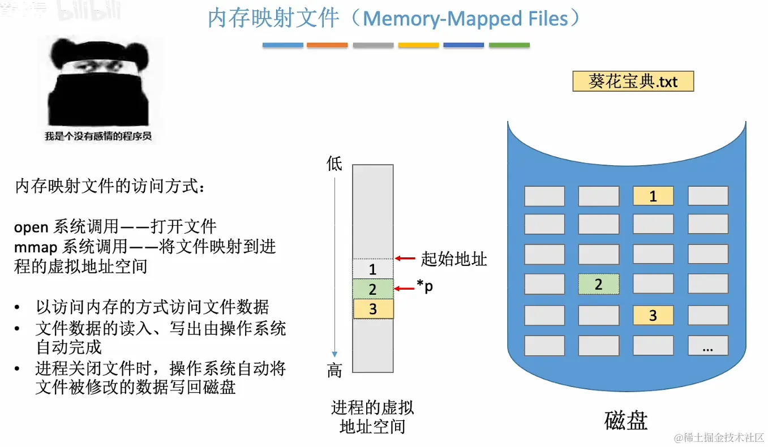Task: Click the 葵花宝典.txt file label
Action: pyautogui.click(x=633, y=81)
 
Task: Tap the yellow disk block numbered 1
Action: pyautogui.click(x=653, y=196)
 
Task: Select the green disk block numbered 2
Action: pyautogui.click(x=598, y=284)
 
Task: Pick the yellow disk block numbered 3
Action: pyautogui.click(x=653, y=316)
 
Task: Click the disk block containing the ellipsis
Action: pyautogui.click(x=707, y=346)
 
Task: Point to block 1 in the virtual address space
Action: pyautogui.click(x=372, y=269)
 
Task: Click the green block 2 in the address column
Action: pyautogui.click(x=372, y=289)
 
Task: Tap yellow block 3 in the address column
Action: pyautogui.click(x=373, y=309)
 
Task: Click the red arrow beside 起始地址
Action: pyautogui.click(x=405, y=259)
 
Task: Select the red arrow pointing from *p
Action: pyautogui.click(x=405, y=289)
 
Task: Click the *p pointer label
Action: pyautogui.click(x=425, y=287)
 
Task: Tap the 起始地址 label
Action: pyautogui.click(x=454, y=259)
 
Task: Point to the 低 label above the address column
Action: pyautogui.click(x=334, y=164)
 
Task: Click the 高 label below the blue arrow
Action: pyautogui.click(x=334, y=371)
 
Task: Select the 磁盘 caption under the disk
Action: pyautogui.click(x=625, y=421)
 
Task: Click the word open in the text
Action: pyautogui.click(x=32, y=227)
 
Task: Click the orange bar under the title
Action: pyautogui.click(x=327, y=45)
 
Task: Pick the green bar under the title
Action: pyautogui.click(x=509, y=45)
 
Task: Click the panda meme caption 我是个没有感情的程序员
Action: pyautogui.click(x=98, y=136)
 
